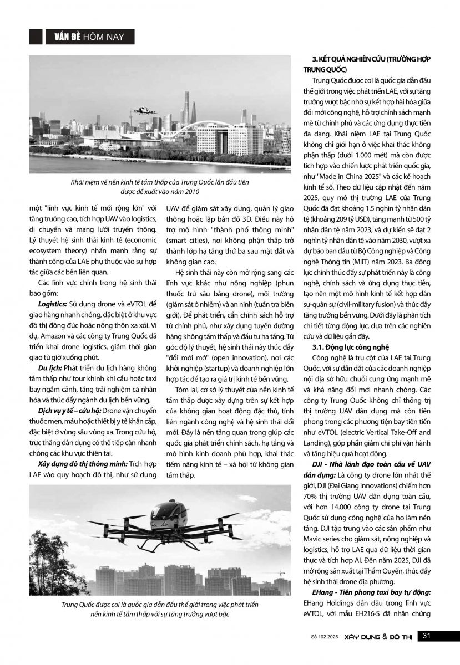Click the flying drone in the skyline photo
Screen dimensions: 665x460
[x=145, y=110]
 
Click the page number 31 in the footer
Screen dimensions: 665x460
[x=427, y=635]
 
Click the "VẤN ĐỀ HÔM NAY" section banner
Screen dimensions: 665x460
[x=89, y=37]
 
